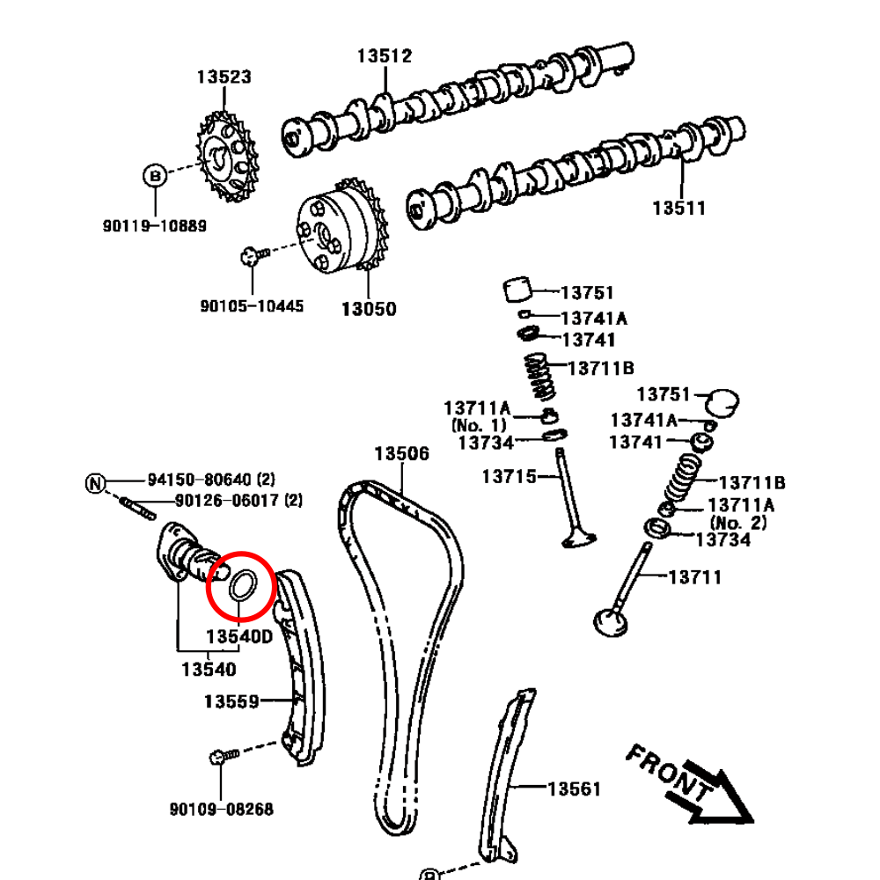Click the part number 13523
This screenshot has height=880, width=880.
tap(224, 77)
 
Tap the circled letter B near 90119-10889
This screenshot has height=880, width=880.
tap(154, 176)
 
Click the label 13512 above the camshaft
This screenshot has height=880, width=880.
tap(385, 55)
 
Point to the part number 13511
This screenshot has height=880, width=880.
tap(678, 209)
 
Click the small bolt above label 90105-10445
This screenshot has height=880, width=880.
tap(250, 256)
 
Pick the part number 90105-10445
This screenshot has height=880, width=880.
tap(252, 306)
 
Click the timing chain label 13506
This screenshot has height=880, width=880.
tap(402, 454)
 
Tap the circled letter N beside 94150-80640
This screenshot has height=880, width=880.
tap(95, 482)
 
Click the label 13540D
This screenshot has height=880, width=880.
tap(239, 635)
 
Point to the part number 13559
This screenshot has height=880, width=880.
tap(231, 701)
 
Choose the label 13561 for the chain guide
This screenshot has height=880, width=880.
tap(574, 789)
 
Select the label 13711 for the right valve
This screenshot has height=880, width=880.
tap(695, 577)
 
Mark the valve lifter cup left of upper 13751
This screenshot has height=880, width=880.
tap(519, 289)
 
